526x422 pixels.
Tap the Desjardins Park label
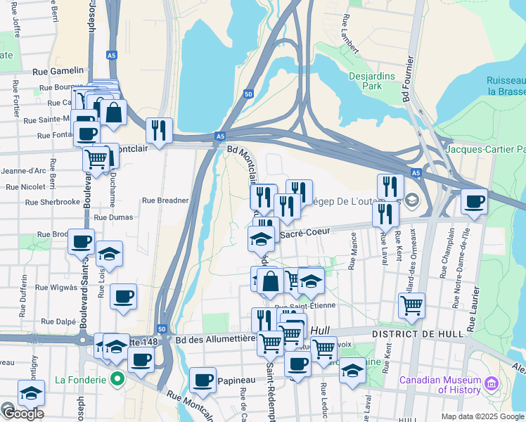pyautogui.click(x=375, y=81)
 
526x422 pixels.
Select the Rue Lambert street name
pyautogui.click(x=349, y=33)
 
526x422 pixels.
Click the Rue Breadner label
pyautogui.click(x=165, y=200)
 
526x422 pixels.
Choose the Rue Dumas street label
pyautogui.click(x=113, y=218)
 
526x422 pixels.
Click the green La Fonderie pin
pyautogui.click(x=117, y=381)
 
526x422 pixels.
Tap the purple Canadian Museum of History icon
pyautogui.click(x=492, y=383)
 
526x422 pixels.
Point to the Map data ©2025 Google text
pyautogui.click(x=482, y=416)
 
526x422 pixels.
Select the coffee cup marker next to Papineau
pyautogui.click(x=203, y=380)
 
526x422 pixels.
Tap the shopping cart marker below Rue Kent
pyautogui.click(x=411, y=305)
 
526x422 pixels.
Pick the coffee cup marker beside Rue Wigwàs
pyautogui.click(x=124, y=297)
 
